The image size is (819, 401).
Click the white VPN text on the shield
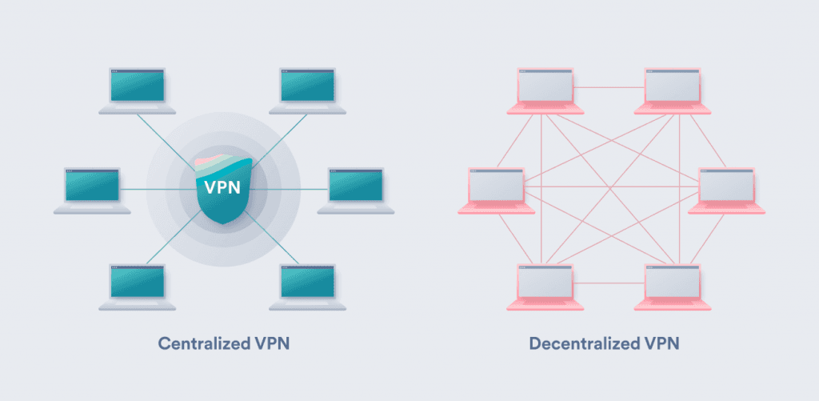pyautogui.click(x=223, y=190)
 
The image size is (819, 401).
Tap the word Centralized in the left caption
pyautogui.click(x=197, y=344)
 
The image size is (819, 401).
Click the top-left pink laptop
pyautogui.click(x=546, y=86)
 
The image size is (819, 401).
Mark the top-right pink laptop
pyautogui.click(x=673, y=86)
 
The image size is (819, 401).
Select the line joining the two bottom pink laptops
pyautogui.click(x=609, y=283)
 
